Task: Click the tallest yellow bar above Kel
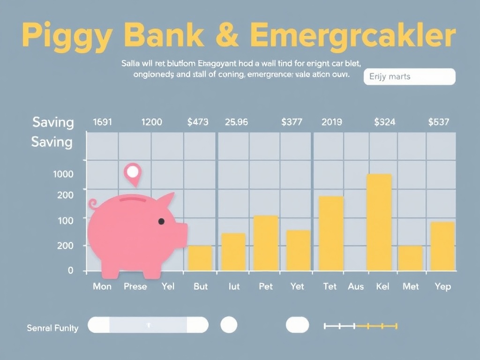(x=379, y=222)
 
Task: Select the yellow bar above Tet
(x=331, y=233)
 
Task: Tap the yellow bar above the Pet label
(x=266, y=243)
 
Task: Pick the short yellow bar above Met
(x=410, y=258)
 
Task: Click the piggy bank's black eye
(x=161, y=221)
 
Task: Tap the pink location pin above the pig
(x=133, y=173)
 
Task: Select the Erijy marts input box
(x=409, y=76)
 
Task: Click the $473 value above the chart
(x=198, y=122)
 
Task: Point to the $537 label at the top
(x=439, y=122)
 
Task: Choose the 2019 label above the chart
(x=332, y=122)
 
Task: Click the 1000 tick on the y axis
(x=64, y=174)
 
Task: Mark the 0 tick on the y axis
(x=71, y=270)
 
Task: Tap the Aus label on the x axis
(x=356, y=286)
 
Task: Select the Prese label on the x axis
(x=135, y=286)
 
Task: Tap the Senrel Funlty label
(x=52, y=328)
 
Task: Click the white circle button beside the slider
(x=229, y=324)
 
